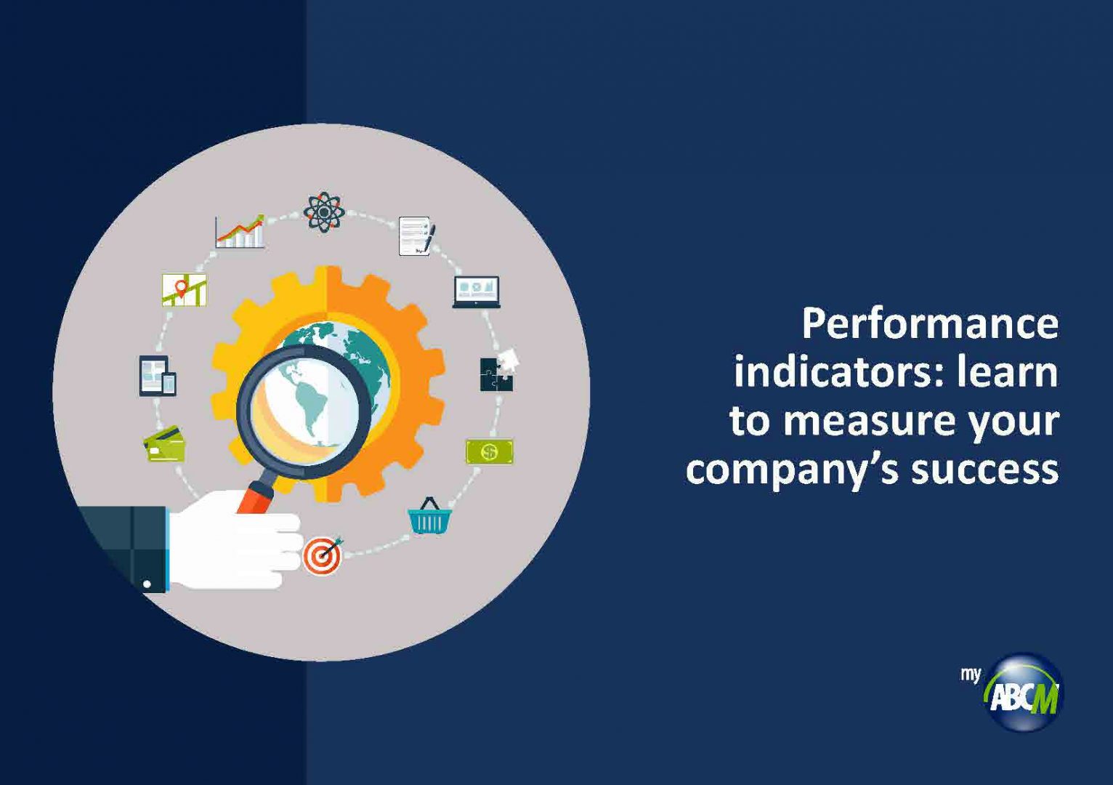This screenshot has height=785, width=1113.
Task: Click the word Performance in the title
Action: click(930, 325)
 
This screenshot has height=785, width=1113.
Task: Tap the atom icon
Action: click(324, 212)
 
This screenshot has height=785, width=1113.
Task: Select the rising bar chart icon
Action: click(240, 231)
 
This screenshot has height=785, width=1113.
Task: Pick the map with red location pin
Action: click(184, 290)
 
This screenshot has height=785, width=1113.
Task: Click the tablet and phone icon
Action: click(158, 376)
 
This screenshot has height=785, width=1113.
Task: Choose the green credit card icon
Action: click(164, 443)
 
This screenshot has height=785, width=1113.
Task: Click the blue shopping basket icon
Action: click(430, 516)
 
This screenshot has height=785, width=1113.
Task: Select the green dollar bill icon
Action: click(490, 451)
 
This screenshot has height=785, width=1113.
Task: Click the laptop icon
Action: click(477, 292)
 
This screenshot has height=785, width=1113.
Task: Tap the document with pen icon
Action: click(417, 235)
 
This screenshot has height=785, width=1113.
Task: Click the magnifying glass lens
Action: click(304, 411)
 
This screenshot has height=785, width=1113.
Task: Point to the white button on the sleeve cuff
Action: click(147, 584)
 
